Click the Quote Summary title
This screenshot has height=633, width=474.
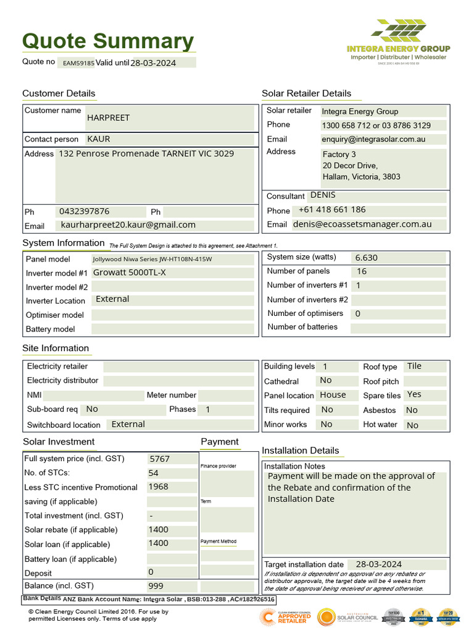[108, 41]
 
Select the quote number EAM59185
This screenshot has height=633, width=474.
[78, 63]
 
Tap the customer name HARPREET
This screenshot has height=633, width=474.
[108, 117]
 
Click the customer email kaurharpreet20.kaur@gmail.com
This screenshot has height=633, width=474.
[128, 225]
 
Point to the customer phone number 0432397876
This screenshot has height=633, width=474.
[85, 211]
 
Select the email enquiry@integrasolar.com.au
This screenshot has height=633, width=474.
[373, 139]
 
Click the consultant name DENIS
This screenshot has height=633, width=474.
[323, 195]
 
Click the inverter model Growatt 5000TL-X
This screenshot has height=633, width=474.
[129, 273]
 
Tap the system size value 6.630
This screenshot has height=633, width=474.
[367, 258]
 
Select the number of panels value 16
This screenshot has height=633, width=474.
[362, 271]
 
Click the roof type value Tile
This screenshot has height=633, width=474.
[414, 366]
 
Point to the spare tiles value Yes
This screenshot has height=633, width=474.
[414, 394]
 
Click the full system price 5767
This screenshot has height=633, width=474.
[159, 459]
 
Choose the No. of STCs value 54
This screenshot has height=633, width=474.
[153, 473]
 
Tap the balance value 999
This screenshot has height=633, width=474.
[156, 586]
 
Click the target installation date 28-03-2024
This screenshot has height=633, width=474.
[378, 564]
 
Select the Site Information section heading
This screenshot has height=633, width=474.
[56, 348]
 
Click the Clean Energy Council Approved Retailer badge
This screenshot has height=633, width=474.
[286, 617]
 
